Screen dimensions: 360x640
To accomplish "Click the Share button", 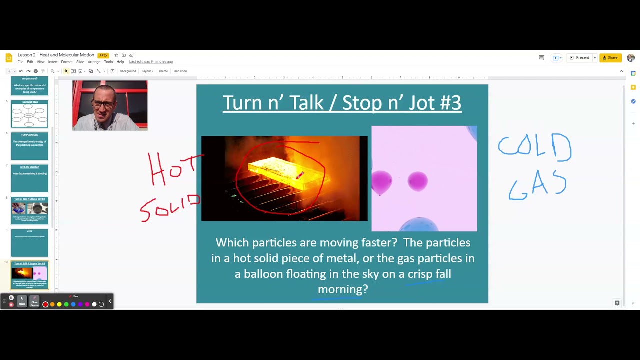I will coord(610,58).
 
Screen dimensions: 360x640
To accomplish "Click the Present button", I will coord(580,58).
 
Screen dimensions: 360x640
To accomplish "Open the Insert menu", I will coord(53,62).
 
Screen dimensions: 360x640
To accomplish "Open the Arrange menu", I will coord(94,62).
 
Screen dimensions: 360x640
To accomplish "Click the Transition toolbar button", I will coord(180,71).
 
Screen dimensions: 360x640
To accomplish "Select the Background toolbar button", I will coord(127,71).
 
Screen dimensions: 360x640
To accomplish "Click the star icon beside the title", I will coord(116,55).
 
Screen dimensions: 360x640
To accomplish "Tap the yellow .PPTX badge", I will coord(103,55).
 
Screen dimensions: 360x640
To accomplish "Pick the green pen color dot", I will coord(66,304).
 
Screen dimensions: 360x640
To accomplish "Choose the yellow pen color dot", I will coord(59,304).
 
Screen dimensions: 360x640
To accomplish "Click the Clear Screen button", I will coord(34,302).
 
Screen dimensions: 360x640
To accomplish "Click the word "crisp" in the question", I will coord(420,274).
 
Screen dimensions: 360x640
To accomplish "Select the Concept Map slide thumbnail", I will coord(30,114).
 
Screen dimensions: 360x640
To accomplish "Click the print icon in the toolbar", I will coord(35,71).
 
